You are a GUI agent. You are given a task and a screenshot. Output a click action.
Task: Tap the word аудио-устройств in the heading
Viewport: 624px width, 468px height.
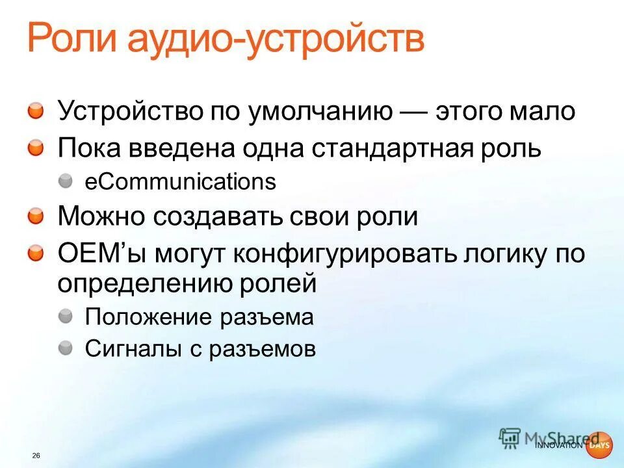(x=276, y=41)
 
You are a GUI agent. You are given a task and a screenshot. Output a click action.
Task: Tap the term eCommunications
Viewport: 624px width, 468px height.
(x=181, y=182)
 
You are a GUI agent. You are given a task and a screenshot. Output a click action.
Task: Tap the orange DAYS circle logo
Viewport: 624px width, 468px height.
(x=598, y=445)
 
